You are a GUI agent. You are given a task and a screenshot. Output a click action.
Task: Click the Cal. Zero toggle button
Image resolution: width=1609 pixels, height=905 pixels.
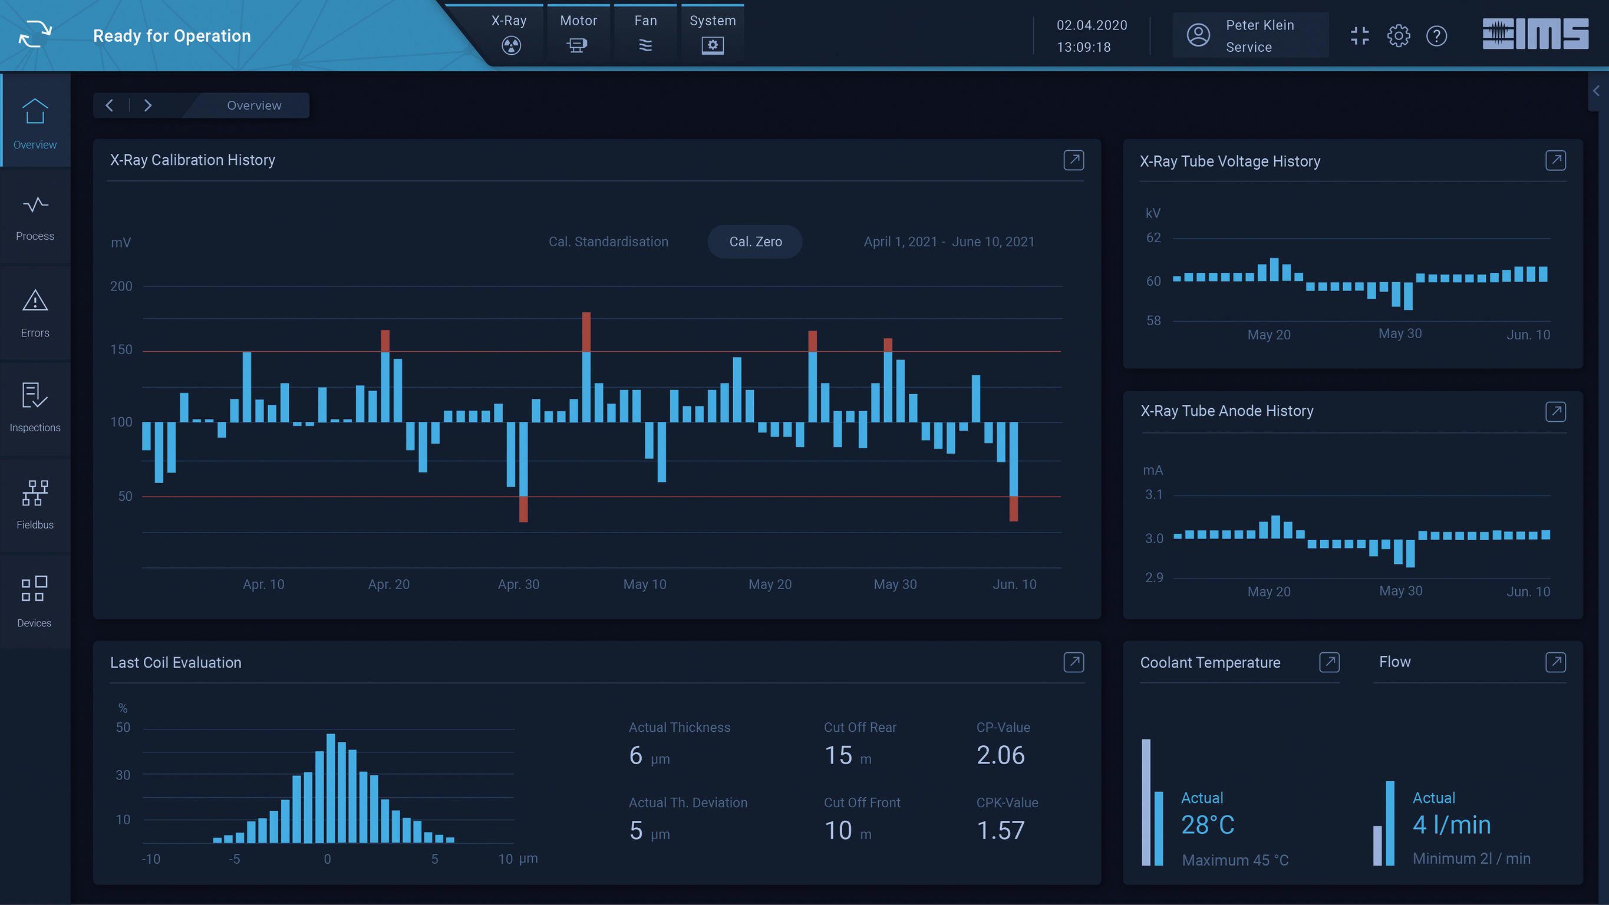pos(754,242)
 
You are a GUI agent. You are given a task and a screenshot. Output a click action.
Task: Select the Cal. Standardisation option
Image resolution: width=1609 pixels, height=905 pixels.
pos(608,242)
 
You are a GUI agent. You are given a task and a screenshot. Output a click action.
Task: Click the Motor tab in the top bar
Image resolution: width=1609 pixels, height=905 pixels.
pos(578,32)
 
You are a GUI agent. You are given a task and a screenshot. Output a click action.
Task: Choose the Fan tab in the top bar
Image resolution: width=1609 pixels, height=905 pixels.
pos(645,32)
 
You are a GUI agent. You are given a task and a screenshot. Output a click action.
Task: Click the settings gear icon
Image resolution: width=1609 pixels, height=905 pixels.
pos(1398,35)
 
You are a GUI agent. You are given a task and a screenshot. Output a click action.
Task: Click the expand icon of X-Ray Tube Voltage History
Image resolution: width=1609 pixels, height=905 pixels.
pos(1555,160)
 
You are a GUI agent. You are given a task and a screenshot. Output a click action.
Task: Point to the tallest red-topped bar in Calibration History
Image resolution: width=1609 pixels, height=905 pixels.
pos(586,331)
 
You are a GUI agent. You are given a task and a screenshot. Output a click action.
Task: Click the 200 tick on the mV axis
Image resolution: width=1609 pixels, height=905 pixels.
pos(121,286)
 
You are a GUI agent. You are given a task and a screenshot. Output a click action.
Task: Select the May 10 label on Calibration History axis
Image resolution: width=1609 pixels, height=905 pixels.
pos(645,584)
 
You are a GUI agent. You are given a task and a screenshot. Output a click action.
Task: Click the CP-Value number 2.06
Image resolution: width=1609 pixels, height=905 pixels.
pos(1000,755)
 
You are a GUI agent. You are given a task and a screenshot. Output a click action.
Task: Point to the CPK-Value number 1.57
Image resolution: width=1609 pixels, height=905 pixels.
pos(1000,830)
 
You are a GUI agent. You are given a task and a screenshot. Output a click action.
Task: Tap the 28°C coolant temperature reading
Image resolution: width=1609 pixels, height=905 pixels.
pos(1208,825)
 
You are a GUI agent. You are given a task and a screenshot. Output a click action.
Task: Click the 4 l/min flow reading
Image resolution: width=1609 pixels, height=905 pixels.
pos(1451,825)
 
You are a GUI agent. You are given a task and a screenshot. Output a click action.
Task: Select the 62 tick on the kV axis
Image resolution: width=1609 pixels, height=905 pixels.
pos(1153,237)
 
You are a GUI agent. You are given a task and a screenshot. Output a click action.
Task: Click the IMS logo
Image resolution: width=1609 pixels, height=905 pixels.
pos(1535,34)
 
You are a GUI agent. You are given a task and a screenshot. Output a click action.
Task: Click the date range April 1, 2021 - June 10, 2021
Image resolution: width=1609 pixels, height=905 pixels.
pos(948,242)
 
